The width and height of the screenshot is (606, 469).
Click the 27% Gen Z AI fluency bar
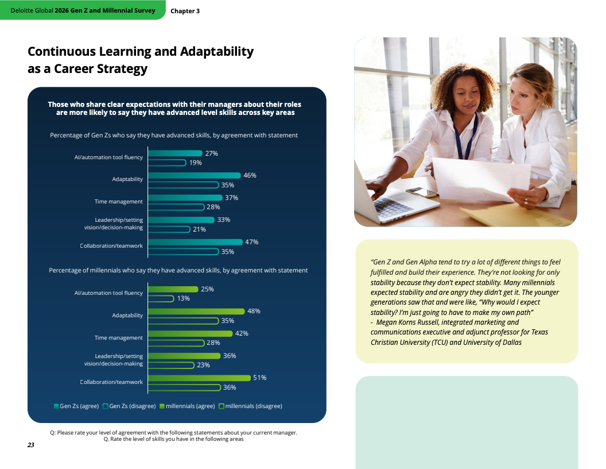pyautogui.click(x=175, y=153)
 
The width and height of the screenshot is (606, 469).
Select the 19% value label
pyautogui.click(x=196, y=163)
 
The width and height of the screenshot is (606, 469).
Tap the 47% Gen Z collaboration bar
pyautogui.click(x=195, y=242)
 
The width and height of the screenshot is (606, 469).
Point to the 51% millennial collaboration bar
pyautogui.click(x=200, y=378)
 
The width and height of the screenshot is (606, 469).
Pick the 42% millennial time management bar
pyautogui.click(x=190, y=333)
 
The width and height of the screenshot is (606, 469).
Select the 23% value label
pyautogui.click(x=203, y=365)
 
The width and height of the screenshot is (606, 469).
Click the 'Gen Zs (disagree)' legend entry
pyautogui.click(x=129, y=406)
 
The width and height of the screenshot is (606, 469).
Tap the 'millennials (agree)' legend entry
pyautogui.click(x=187, y=406)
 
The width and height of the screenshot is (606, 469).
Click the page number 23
pyautogui.click(x=31, y=445)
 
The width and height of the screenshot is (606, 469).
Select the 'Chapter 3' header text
pyautogui.click(x=185, y=11)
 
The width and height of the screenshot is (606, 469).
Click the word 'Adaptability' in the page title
pyautogui.click(x=217, y=52)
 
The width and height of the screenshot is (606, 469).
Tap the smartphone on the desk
pyautogui.click(x=421, y=191)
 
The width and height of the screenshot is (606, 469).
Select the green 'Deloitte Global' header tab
pyautogui.click(x=83, y=10)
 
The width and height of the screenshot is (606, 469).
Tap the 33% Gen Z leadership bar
pyautogui.click(x=181, y=220)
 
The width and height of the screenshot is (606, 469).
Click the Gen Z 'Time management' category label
pyautogui.click(x=119, y=202)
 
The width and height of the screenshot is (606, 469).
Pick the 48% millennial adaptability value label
pyautogui.click(x=254, y=311)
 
